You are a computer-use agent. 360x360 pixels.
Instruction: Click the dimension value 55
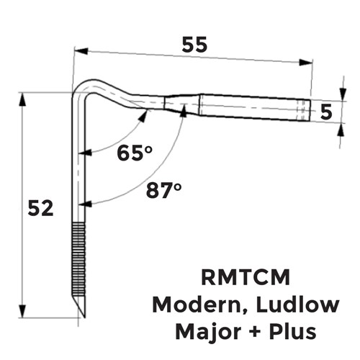click(x=194, y=45)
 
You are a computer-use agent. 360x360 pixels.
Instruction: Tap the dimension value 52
click(x=40, y=208)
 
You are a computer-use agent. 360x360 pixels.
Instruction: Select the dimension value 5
click(x=326, y=112)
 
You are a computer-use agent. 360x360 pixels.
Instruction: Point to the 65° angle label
click(x=135, y=153)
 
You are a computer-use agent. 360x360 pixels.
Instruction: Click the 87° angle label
click(x=163, y=190)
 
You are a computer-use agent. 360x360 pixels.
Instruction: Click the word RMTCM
click(x=246, y=277)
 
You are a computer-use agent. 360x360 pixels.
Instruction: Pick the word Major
click(x=208, y=332)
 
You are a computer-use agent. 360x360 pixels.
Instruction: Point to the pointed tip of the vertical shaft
click(x=84, y=317)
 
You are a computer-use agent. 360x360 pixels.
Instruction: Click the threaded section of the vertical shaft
click(x=78, y=258)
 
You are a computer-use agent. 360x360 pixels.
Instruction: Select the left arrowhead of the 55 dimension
click(x=81, y=51)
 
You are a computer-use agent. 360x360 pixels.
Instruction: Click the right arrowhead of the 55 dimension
click(x=306, y=63)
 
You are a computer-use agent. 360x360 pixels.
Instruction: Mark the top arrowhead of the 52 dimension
click(x=22, y=99)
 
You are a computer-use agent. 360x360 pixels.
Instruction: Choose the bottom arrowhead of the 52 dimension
click(x=22, y=311)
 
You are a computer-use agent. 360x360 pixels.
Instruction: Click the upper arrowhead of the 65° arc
click(x=143, y=116)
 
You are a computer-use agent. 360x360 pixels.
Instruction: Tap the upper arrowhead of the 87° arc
click(x=184, y=110)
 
